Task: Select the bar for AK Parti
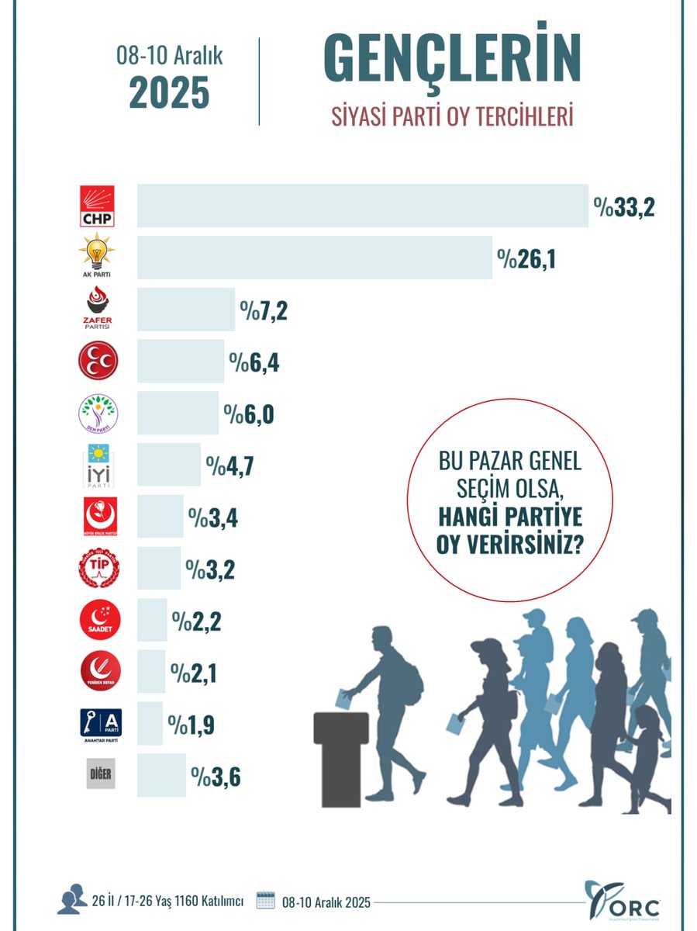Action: (314, 258)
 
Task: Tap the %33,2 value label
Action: (624, 207)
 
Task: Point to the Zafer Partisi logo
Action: (98, 309)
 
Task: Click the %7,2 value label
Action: (264, 310)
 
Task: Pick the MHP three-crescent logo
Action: (98, 361)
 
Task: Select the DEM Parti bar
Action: (178, 413)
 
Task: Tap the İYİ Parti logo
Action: (98, 464)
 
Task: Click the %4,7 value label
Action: (229, 466)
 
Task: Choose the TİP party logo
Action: (98, 568)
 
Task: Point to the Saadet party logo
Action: (99, 620)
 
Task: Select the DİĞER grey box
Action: (100, 774)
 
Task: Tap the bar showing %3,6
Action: (161, 774)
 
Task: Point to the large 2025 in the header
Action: (169, 93)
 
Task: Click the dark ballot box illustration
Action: (342, 756)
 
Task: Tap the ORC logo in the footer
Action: (623, 900)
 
